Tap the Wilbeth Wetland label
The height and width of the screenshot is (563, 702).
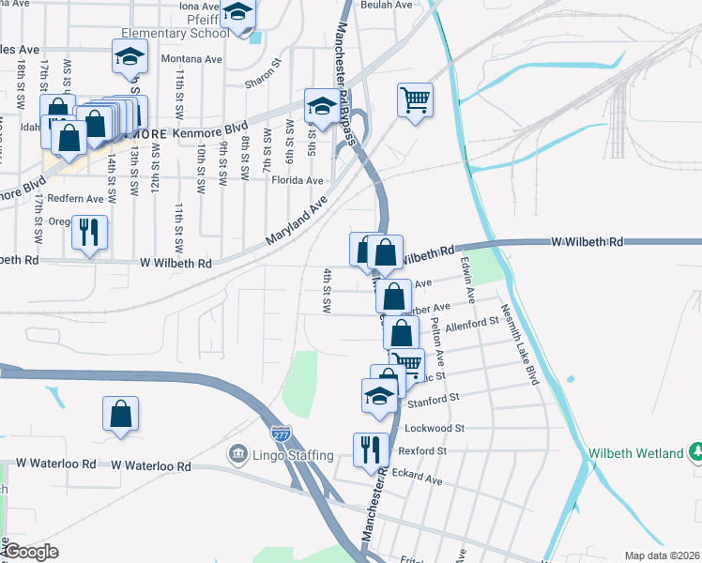pos(636,453)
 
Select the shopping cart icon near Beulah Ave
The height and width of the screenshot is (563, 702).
pos(415,99)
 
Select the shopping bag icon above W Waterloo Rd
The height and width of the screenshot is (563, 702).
pos(121,414)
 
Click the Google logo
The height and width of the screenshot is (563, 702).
pos(31,552)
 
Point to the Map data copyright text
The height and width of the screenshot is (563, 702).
pos(662,555)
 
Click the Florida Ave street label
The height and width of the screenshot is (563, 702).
pos(300,180)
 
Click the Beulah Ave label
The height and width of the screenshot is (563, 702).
pos(389,6)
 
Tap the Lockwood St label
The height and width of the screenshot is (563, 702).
pos(435,428)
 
